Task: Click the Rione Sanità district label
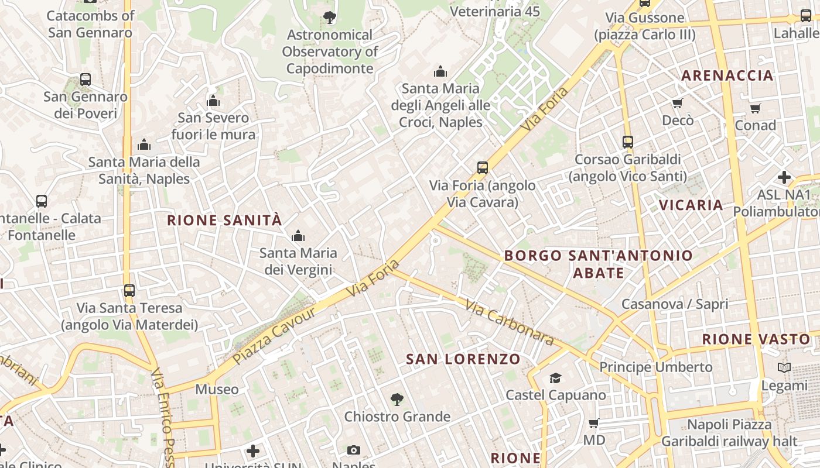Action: pos(224,221)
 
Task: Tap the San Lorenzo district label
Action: pos(463,359)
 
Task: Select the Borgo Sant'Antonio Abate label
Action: pos(598,264)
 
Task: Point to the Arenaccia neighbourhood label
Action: pos(727,75)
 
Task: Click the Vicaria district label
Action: pos(691,205)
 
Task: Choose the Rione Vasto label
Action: pos(756,339)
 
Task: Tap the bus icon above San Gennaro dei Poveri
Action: pos(86,80)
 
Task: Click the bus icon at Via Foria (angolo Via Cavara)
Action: pos(483,168)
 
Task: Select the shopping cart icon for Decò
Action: pos(678,104)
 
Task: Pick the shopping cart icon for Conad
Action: pos(756,108)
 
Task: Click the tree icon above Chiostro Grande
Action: pos(397,400)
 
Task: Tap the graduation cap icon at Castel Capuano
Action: pos(555,378)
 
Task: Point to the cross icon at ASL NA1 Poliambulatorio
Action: pos(784,177)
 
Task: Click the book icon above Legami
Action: pos(784,368)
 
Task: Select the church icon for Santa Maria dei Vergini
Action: pos(298,236)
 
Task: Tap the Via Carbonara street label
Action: pos(510,322)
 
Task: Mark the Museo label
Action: pos(217,390)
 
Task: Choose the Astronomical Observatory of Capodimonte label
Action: pos(330,51)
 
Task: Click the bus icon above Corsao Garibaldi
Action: pos(628,142)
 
